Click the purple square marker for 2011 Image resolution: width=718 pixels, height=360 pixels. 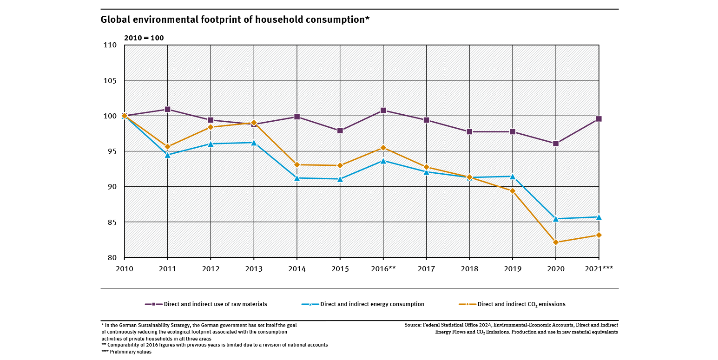click(x=168, y=110)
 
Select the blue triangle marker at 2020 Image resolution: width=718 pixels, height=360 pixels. click(x=556, y=218)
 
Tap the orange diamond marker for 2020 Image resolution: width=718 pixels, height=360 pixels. click(x=556, y=242)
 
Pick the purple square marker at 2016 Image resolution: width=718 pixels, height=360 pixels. click(x=383, y=111)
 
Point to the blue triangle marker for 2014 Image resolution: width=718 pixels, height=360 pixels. click(x=297, y=177)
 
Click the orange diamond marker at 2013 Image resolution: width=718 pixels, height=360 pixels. click(x=254, y=123)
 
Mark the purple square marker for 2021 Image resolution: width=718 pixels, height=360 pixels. click(x=599, y=119)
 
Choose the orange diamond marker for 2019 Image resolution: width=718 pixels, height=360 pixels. click(x=513, y=191)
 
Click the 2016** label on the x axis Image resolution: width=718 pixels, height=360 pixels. click(x=383, y=268)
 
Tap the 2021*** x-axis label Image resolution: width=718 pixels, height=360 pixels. click(x=599, y=268)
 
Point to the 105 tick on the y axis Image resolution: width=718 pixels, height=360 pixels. click(x=110, y=81)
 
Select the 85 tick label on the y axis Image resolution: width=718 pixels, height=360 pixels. click(x=112, y=223)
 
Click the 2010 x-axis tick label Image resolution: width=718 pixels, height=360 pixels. click(x=124, y=268)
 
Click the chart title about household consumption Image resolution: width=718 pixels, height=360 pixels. click(x=235, y=20)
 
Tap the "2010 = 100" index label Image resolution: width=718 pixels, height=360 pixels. click(x=144, y=38)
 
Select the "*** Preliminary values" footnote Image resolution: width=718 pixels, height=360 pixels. click(x=126, y=352)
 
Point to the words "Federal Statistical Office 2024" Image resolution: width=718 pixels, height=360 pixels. click(x=456, y=325)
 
